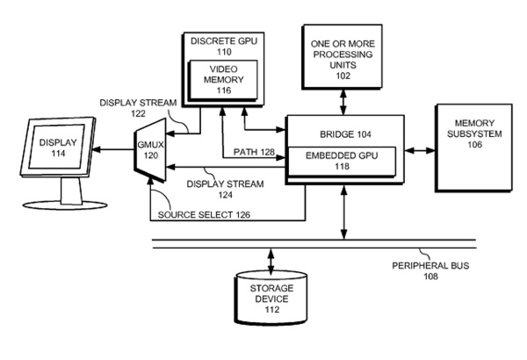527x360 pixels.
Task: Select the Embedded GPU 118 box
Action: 335,162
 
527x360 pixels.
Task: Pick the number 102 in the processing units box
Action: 343,76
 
